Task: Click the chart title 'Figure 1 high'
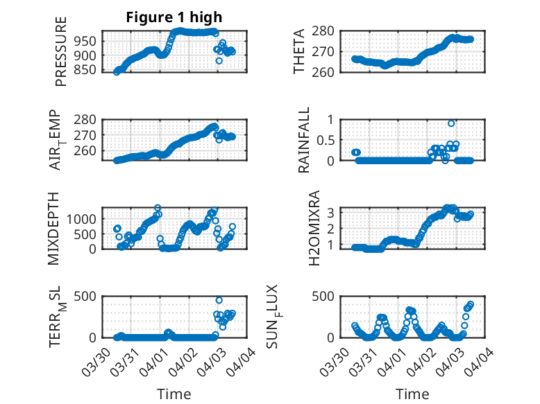click(174, 17)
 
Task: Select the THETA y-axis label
click(299, 52)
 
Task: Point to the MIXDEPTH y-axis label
click(54, 228)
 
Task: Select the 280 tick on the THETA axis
click(328, 30)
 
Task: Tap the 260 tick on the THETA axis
click(328, 72)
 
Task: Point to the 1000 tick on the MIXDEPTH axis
click(85, 218)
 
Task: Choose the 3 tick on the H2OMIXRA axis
click(332, 212)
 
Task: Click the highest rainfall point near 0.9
click(451, 123)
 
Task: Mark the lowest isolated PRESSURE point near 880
click(219, 60)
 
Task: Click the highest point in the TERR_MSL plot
click(219, 300)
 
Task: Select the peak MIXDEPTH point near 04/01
click(158, 208)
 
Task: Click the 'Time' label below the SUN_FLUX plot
click(412, 394)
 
